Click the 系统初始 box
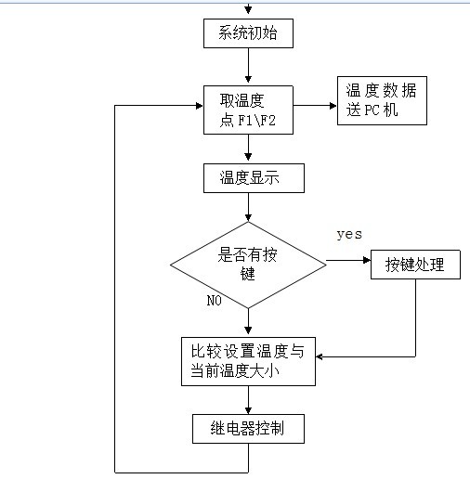[x=248, y=33]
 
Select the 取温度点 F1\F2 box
[x=248, y=110]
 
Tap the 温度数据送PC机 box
[x=382, y=101]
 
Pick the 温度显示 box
[x=254, y=178]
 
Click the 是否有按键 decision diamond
[x=248, y=265]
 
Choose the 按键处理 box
[x=415, y=265]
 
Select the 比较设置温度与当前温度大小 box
[x=248, y=361]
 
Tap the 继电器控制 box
[x=248, y=429]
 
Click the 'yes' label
[x=349, y=234]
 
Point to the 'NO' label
[x=215, y=300]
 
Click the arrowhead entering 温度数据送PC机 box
[x=333, y=106]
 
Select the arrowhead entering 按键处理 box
[x=367, y=260]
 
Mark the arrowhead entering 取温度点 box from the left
[x=200, y=106]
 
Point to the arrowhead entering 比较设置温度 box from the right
[x=320, y=356]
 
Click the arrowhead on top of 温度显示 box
[x=248, y=156]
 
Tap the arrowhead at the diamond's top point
[x=248, y=217]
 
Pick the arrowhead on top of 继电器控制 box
[x=248, y=410]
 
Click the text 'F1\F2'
[x=256, y=121]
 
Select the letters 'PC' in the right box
[x=372, y=110]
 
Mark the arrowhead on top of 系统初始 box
[x=248, y=10]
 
